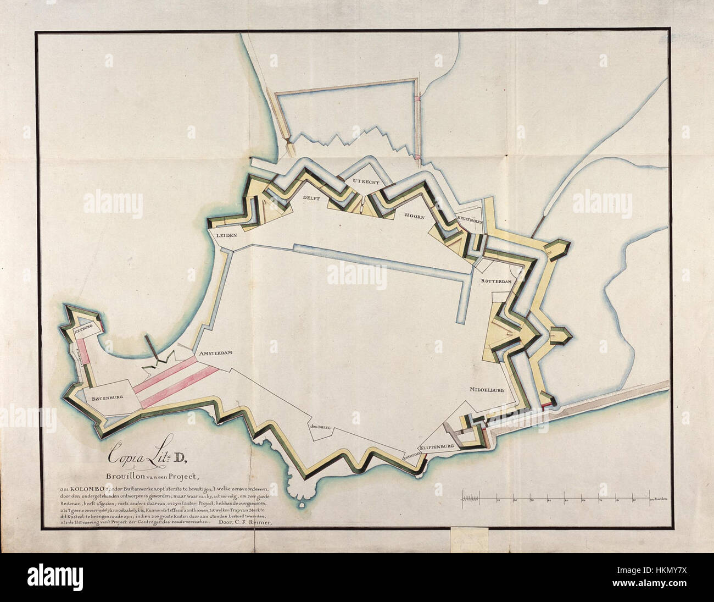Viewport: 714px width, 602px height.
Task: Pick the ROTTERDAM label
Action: [497, 281]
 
